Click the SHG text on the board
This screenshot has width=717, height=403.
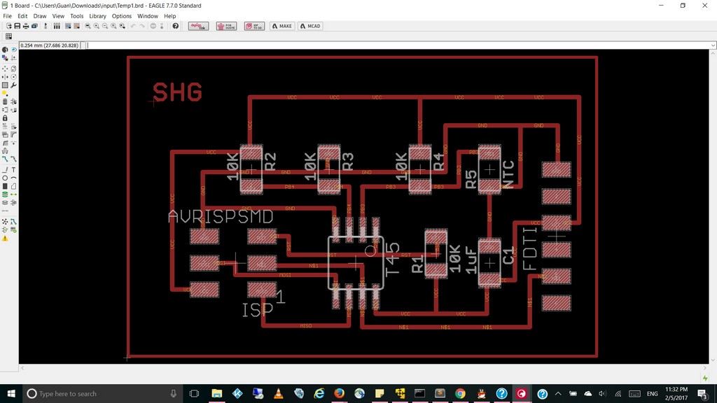tap(177, 92)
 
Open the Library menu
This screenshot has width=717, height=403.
tap(97, 16)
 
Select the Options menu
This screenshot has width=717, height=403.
tap(122, 16)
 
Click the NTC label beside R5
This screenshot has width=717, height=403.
tap(509, 174)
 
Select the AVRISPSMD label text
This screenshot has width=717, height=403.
tap(221, 217)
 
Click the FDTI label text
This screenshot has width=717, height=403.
tap(530, 248)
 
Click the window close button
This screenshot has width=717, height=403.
tap(703, 6)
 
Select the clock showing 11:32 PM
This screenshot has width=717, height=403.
tap(676, 393)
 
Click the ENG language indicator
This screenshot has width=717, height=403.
tap(652, 394)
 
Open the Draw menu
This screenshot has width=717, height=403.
tap(40, 16)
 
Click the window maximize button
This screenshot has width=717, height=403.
tap(683, 6)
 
